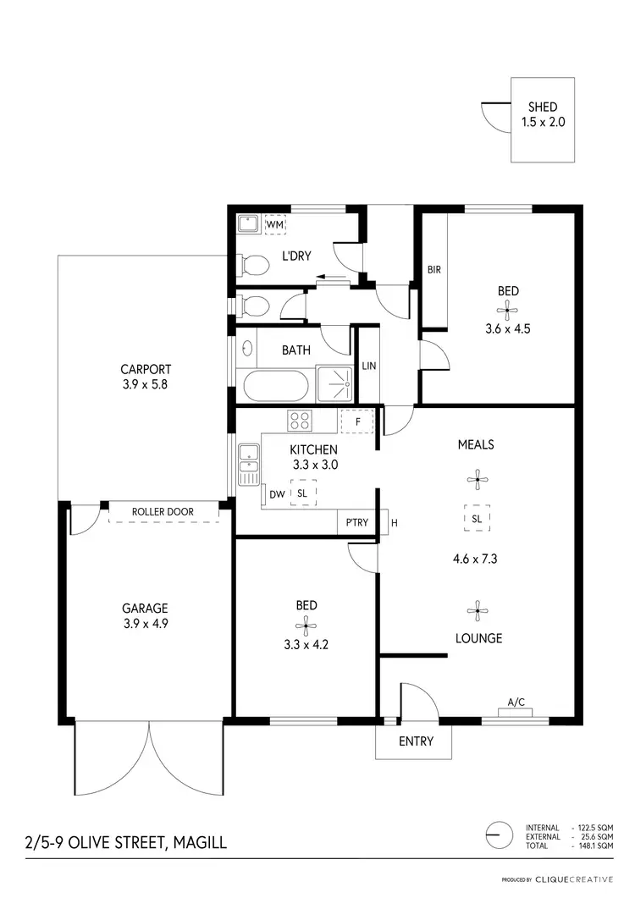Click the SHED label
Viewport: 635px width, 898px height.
(x=543, y=107)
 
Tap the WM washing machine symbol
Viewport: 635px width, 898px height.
(x=275, y=225)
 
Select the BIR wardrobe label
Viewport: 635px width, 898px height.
(x=434, y=270)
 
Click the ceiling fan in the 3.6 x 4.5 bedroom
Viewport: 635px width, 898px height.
(x=508, y=311)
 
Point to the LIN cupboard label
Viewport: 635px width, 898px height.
(x=368, y=366)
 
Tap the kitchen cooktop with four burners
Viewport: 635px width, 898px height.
(x=299, y=420)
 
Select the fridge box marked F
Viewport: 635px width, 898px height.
(x=356, y=421)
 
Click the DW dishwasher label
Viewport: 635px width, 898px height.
(x=276, y=494)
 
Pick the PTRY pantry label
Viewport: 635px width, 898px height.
(x=357, y=522)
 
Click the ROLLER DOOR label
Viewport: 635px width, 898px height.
(x=163, y=512)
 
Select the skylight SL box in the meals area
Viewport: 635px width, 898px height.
(x=477, y=518)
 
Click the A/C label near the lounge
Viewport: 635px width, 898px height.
(x=516, y=702)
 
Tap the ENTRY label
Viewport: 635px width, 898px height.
(x=416, y=741)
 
